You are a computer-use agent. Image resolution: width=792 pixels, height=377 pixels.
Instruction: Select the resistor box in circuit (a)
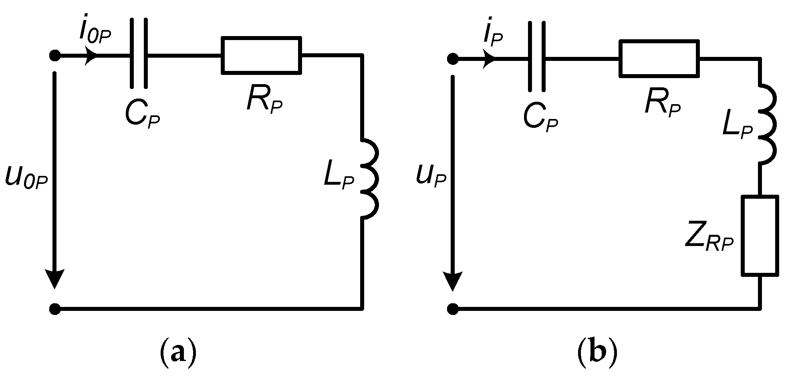click(261, 55)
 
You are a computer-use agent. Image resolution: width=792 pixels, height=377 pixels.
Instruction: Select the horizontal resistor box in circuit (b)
click(659, 58)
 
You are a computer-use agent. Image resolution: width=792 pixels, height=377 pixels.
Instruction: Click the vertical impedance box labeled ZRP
click(760, 236)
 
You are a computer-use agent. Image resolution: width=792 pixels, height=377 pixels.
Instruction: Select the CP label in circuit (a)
click(142, 115)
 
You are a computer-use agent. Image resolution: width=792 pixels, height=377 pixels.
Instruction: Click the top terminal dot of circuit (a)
click(55, 56)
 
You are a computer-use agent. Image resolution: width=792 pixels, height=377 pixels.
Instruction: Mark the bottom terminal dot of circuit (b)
click(453, 309)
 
